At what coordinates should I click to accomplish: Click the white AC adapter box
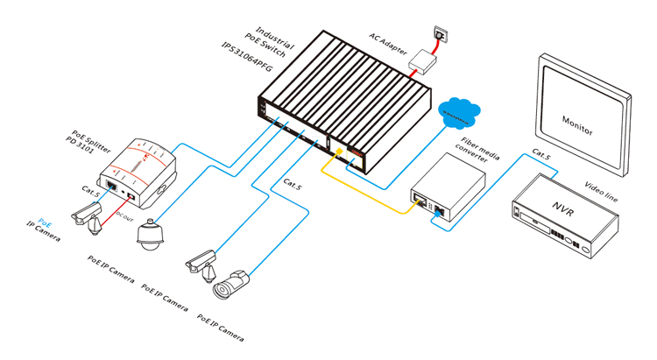tap(424, 61)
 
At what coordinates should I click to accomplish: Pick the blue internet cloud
tap(456, 112)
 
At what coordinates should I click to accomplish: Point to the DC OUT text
tap(124, 212)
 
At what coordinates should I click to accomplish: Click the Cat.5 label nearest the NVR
tap(541, 154)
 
